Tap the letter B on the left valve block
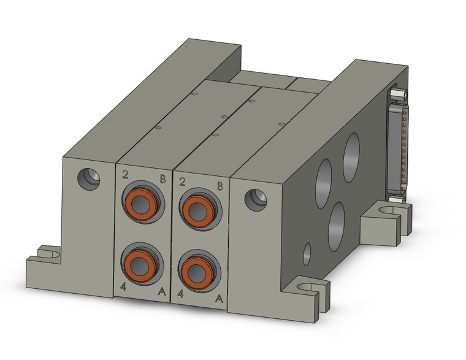pyautogui.click(x=162, y=179)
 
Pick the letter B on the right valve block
pyautogui.click(x=219, y=186)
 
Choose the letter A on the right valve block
pyautogui.click(x=218, y=299)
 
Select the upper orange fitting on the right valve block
pyautogui.click(x=197, y=209)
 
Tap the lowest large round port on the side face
pyautogui.click(x=337, y=226)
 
